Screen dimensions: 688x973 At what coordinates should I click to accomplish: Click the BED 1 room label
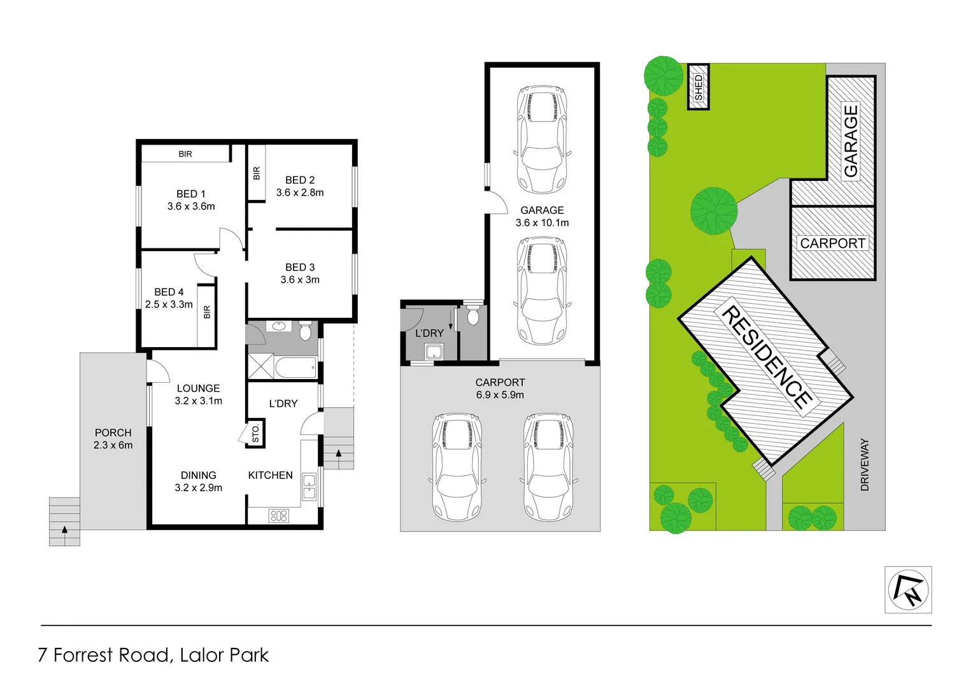click(190, 194)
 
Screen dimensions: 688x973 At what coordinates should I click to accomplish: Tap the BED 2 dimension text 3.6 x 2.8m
click(299, 192)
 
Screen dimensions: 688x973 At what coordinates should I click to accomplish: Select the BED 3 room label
click(299, 267)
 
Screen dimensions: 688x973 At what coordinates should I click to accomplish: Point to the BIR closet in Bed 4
click(206, 312)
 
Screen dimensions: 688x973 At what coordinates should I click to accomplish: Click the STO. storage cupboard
click(255, 433)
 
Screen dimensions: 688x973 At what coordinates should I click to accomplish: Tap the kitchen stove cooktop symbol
click(279, 515)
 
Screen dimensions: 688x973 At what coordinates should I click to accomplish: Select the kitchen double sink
click(309, 487)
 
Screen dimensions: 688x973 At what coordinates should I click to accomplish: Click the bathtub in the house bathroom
click(295, 367)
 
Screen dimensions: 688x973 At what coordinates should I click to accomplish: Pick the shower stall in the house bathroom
click(260, 367)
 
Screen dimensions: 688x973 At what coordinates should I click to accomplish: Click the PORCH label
click(113, 433)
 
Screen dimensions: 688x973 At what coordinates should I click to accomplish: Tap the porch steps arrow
click(64, 529)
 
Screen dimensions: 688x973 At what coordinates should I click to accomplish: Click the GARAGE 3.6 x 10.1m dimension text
click(542, 222)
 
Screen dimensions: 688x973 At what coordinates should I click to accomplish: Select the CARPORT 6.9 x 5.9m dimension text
click(500, 395)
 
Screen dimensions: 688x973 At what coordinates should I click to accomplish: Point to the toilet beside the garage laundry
click(472, 316)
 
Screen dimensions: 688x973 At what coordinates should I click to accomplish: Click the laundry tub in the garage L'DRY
click(434, 351)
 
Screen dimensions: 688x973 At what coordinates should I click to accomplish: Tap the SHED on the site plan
click(699, 87)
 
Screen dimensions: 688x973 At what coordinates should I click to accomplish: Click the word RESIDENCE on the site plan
click(766, 357)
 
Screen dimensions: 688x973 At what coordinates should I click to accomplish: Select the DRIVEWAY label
click(864, 464)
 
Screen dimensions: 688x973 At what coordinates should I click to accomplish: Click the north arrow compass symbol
click(908, 590)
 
